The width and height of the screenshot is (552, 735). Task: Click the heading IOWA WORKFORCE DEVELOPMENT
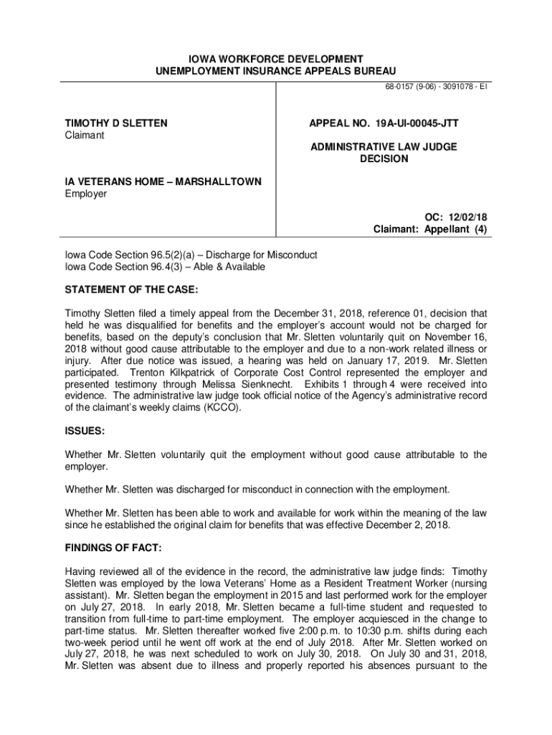pyautogui.click(x=275, y=58)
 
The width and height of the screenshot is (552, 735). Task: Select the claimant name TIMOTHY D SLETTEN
pyautogui.click(x=117, y=123)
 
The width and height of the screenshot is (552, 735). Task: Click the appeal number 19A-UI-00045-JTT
pyautogui.click(x=384, y=123)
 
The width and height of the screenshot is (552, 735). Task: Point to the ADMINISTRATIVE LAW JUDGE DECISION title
pyautogui.click(x=384, y=153)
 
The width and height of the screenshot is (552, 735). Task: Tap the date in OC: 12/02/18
pyautogui.click(x=469, y=217)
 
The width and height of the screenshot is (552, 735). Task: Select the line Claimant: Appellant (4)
pyautogui.click(x=430, y=230)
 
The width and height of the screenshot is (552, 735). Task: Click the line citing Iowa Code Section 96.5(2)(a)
pyautogui.click(x=191, y=256)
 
